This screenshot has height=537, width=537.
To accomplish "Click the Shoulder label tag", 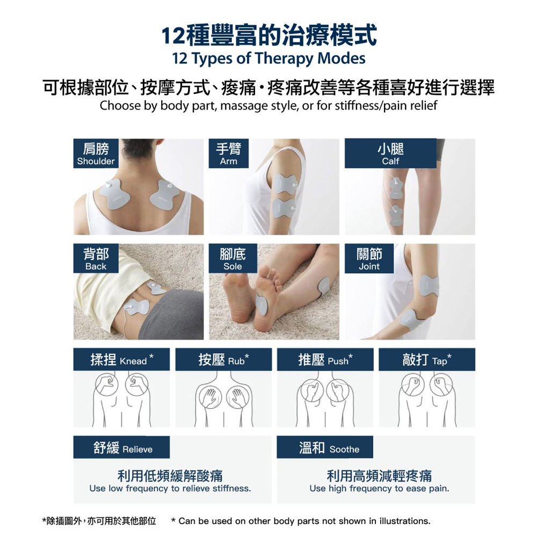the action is tap(96, 154).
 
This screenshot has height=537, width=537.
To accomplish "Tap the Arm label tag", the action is tap(228, 154).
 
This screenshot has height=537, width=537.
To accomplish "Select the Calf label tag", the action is tap(390, 154).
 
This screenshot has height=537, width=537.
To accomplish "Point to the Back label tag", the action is tap(96, 258).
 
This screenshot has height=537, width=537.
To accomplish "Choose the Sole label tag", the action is tap(233, 258).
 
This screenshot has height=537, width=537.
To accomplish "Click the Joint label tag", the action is tap(369, 258).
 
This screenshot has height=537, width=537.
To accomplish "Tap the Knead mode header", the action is tap(121, 360).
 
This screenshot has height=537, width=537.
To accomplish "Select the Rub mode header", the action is tap(223, 360).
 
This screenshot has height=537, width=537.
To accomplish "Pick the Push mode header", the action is tap(325, 360).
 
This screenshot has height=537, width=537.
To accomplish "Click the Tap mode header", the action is tap(427, 360).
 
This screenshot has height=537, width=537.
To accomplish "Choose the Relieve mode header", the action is tap(121, 447).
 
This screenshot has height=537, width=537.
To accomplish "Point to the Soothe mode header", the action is tap(325, 447).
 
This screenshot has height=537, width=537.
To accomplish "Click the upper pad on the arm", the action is tap(285, 184).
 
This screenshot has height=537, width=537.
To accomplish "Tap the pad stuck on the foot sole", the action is tap(262, 304).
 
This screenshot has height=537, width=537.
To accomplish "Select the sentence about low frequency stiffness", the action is tap(170, 488).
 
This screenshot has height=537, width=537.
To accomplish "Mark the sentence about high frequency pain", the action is tap(380, 488).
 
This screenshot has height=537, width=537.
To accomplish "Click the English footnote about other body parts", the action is tap(301, 521).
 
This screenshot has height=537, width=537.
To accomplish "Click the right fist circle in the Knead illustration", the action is tap(137, 384).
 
